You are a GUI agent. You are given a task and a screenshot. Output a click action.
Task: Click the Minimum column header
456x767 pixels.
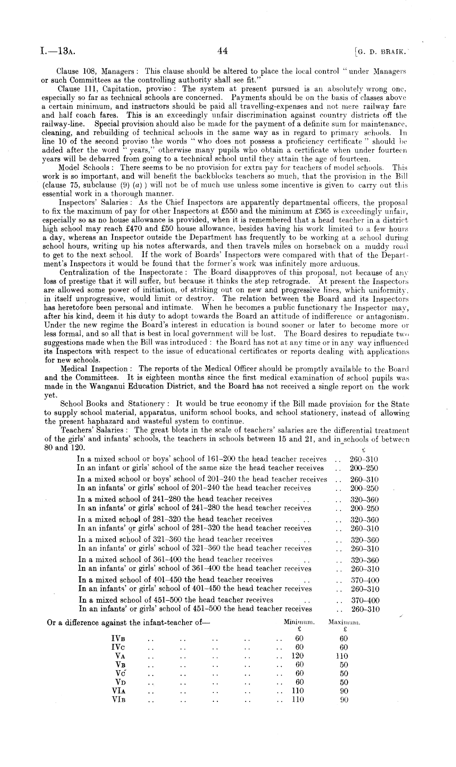(x=299, y=622)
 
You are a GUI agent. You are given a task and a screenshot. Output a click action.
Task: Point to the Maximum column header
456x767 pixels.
(x=344, y=622)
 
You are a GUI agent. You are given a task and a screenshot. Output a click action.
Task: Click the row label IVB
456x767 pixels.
(x=118, y=638)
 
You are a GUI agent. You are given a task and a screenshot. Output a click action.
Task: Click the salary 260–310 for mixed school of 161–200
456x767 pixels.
(x=364, y=459)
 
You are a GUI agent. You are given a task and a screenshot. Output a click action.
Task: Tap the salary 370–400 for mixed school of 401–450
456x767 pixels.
(x=365, y=580)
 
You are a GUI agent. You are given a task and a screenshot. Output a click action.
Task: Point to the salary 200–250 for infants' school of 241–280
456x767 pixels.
(x=365, y=508)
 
